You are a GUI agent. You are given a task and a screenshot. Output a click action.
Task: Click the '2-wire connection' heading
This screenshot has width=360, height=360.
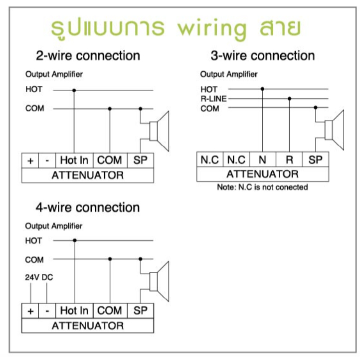pos(88,56)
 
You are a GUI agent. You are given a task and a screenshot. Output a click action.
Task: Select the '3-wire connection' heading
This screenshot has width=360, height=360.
pos(263,56)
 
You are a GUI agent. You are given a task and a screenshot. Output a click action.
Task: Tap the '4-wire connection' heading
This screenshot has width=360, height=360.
pos(88,207)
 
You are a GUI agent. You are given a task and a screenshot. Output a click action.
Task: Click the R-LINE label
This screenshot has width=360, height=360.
pos(213,99)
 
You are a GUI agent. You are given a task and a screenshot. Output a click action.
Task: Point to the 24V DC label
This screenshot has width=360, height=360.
pos(39,277)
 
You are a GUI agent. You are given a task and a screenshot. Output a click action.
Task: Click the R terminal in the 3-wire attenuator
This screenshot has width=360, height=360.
pos(289,160)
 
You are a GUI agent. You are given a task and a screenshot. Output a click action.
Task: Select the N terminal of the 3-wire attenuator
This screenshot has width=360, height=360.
pos(262,160)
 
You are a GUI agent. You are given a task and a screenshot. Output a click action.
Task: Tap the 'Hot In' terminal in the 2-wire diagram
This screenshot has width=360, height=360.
pos(74,160)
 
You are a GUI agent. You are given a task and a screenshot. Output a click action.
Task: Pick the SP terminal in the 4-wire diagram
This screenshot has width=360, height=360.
pos(140,311)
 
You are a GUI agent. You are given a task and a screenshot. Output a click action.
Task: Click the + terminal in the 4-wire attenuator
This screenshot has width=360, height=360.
pos(30,311)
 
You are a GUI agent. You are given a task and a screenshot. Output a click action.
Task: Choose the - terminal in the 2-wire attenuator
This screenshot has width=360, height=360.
pos(47,160)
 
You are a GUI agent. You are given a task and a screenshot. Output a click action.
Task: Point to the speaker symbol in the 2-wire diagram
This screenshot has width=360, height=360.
pos(160,131)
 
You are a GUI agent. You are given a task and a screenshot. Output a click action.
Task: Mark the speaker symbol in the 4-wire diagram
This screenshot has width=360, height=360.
pos(160,282)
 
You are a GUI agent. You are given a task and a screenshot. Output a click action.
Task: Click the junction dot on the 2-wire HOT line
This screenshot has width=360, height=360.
pos(74,90)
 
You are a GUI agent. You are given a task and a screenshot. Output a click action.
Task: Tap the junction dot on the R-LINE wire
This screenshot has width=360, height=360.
pos(290,99)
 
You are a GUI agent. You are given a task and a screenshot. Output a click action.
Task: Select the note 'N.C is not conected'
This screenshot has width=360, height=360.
pos(262,187)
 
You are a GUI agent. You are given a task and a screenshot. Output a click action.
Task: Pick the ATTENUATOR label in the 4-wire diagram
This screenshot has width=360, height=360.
pos(88,326)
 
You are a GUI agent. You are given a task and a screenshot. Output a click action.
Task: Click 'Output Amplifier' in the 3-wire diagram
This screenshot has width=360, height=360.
pos(229,74)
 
